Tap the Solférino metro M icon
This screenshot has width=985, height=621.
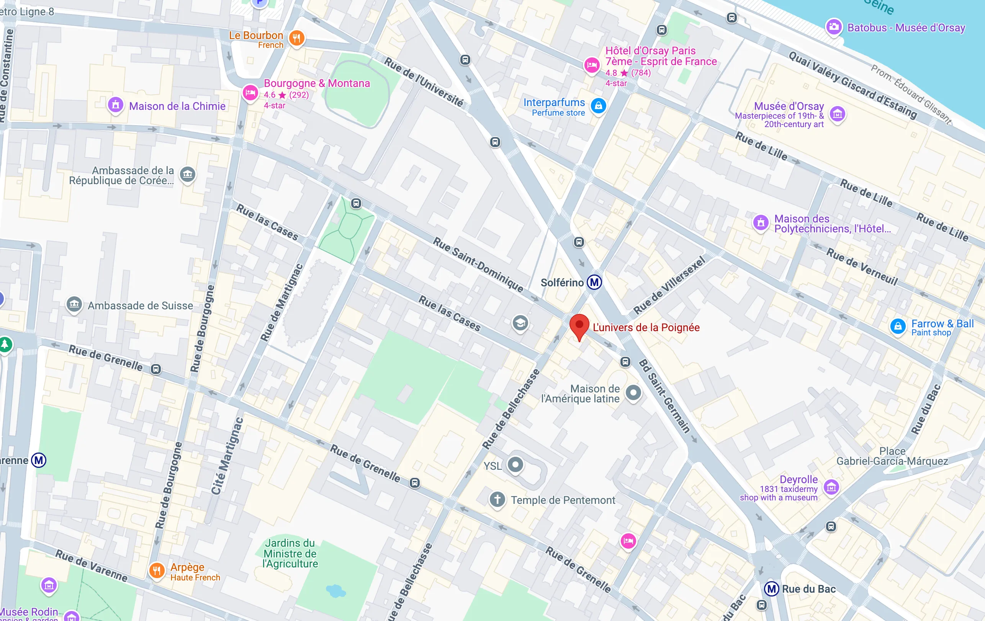coord(594,282)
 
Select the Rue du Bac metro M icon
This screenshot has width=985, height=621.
coord(771,589)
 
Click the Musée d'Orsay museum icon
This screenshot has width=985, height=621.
coord(837,114)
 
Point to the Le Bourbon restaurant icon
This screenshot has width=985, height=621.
coord(296,38)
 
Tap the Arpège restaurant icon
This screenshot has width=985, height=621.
coord(157,570)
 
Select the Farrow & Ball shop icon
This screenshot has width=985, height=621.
coord(898,326)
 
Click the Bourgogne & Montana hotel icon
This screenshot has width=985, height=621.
coord(250,92)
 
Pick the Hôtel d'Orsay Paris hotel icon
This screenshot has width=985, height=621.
coord(591,65)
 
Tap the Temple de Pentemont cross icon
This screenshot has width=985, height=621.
coord(497,499)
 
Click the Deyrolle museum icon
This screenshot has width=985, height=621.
coord(831,487)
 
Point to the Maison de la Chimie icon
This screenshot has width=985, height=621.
coord(115,105)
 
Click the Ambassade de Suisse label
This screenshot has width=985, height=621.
coord(140,306)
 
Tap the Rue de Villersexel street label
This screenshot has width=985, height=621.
coord(669,285)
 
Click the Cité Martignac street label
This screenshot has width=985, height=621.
coord(227,456)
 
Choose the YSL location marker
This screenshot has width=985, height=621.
coord(515,464)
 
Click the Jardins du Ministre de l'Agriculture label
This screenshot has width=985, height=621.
coord(290,553)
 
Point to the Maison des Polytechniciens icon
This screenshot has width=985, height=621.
coord(761,223)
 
